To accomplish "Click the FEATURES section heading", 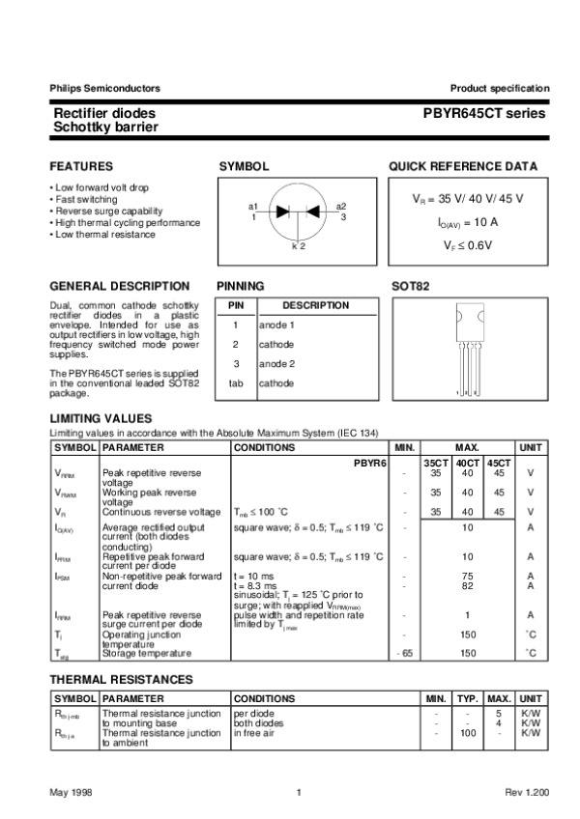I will pyautogui.click(x=81, y=166).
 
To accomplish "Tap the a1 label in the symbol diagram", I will pyautogui.click(x=253, y=206).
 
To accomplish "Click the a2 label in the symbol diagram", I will pyautogui.click(x=341, y=206).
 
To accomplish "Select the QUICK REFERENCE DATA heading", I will pyautogui.click(x=463, y=166).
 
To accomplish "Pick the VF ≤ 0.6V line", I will pyautogui.click(x=468, y=245).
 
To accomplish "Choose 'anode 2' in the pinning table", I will pyautogui.click(x=276, y=363).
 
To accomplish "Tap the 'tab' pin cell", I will pyautogui.click(x=235, y=382).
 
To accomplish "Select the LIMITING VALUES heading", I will pyautogui.click(x=101, y=418).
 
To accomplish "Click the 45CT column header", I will pyautogui.click(x=499, y=465).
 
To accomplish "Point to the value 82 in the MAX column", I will pyautogui.click(x=467, y=585).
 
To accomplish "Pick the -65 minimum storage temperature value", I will pyautogui.click(x=404, y=654).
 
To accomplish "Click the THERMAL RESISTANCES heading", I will pyautogui.click(x=120, y=680).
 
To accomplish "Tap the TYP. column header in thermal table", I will pyautogui.click(x=468, y=697).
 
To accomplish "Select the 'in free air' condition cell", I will pyautogui.click(x=255, y=734).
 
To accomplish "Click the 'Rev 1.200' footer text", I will pyautogui.click(x=527, y=792).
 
